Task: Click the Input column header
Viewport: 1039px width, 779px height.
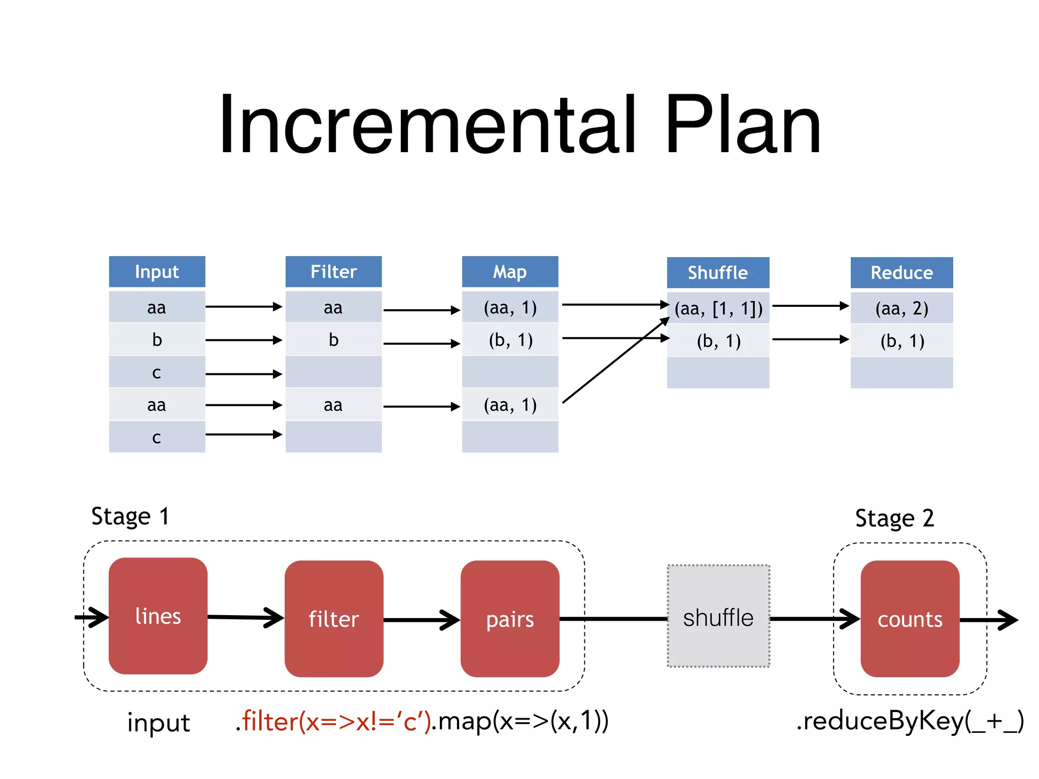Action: click(157, 272)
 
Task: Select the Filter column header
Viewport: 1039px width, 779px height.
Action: click(333, 272)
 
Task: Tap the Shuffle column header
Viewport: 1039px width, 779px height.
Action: click(718, 273)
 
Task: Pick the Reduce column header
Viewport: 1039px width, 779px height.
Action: click(902, 273)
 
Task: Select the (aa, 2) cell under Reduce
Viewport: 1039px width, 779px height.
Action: click(902, 308)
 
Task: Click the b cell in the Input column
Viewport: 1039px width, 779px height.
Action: click(157, 340)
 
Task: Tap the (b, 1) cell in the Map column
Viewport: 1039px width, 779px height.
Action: click(510, 340)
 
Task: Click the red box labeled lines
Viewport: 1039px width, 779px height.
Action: click(158, 616)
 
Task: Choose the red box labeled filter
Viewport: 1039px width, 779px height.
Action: click(333, 619)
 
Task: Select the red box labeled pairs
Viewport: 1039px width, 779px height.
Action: click(510, 619)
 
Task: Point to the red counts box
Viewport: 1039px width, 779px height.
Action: click(910, 619)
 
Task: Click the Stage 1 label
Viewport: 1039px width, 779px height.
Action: click(130, 517)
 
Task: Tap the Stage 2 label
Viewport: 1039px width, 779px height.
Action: click(894, 518)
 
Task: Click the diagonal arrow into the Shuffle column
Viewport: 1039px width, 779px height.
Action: click(615, 360)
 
